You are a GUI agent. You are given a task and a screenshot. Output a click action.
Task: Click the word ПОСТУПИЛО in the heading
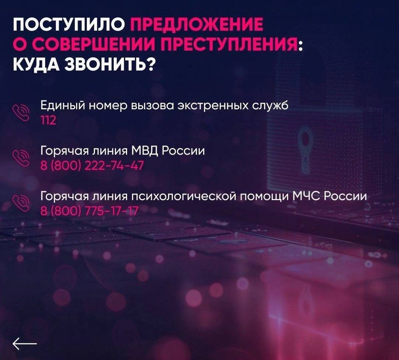(x=69, y=25)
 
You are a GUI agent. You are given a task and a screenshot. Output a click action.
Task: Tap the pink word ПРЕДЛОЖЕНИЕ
(x=197, y=25)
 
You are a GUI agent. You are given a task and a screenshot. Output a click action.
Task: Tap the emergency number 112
(x=48, y=120)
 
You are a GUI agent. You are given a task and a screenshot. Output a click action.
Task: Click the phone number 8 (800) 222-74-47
(x=92, y=166)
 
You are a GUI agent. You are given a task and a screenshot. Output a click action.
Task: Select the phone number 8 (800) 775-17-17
(x=89, y=211)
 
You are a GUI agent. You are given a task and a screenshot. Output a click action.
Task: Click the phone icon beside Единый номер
(x=21, y=113)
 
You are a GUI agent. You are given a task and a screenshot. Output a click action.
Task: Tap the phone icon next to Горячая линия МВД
(x=21, y=158)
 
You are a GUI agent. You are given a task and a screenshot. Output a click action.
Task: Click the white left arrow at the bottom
(x=25, y=344)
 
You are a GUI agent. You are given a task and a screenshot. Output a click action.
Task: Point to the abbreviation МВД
(x=145, y=151)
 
